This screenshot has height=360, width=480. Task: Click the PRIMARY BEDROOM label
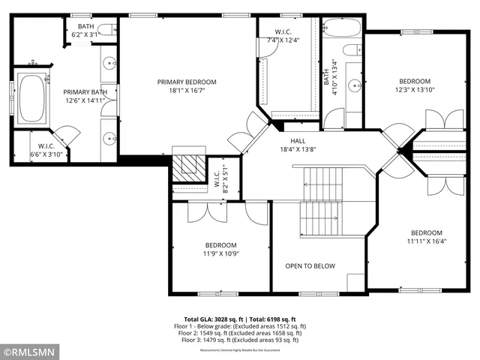[186, 82]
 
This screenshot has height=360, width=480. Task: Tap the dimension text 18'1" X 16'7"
[186, 90]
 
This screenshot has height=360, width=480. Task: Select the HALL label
[298, 141]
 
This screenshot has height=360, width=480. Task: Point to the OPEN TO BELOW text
[310, 266]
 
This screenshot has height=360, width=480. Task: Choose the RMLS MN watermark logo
[30, 351]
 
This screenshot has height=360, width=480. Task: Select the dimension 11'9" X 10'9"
[221, 253]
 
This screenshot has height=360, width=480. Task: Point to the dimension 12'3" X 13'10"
[414, 90]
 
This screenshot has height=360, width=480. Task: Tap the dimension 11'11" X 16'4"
[425, 241]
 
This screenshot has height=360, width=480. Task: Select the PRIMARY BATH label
[85, 92]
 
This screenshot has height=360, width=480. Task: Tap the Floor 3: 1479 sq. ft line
[240, 340]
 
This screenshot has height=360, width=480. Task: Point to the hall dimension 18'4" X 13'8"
[298, 149]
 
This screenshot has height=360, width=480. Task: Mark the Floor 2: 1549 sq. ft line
[240, 333]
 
